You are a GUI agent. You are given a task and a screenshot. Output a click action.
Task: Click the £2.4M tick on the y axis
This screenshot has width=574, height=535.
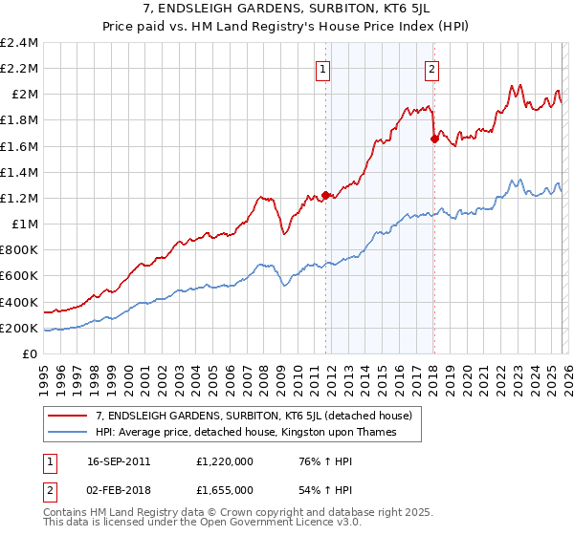click(20, 43)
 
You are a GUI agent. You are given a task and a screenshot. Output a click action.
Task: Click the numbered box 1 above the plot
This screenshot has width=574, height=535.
click(323, 68)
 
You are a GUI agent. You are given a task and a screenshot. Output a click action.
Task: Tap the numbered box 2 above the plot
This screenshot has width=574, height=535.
click(432, 68)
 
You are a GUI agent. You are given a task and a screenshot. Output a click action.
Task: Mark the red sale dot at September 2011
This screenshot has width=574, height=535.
click(325, 195)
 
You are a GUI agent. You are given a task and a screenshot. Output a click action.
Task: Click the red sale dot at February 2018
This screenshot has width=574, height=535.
click(433, 139)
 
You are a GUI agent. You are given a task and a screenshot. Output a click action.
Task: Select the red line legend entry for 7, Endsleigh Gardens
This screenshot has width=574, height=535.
click(254, 416)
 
